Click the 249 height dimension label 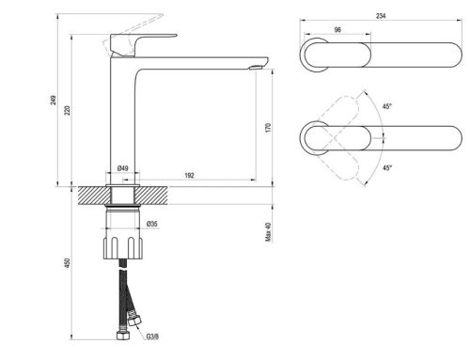(54, 100)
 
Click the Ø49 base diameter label (123, 169)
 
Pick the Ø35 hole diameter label (151, 224)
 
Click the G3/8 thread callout (152, 337)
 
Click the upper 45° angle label (386, 107)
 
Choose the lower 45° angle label (386, 167)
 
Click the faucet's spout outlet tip (257, 65)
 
